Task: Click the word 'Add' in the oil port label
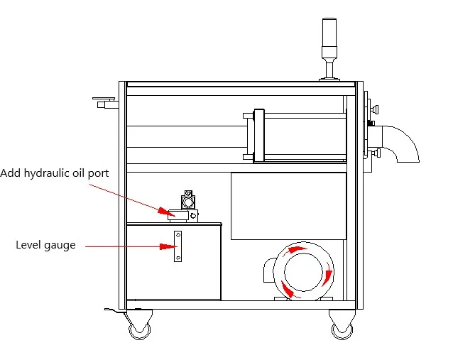11,173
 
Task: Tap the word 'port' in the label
98,173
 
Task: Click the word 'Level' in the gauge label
28,246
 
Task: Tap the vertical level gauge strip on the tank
178,246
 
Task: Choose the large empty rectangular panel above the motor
288,205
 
